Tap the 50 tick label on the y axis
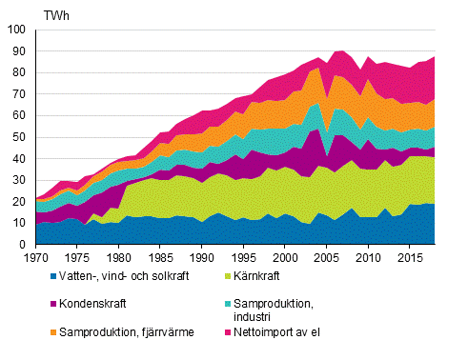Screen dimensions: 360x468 [x=21, y=137]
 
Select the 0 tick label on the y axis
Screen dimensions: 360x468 [x=24, y=245]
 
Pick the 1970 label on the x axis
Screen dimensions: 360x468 [x=35, y=258]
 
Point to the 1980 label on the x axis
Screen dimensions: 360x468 [x=118, y=258]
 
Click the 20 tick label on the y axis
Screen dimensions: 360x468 [x=21, y=202]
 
